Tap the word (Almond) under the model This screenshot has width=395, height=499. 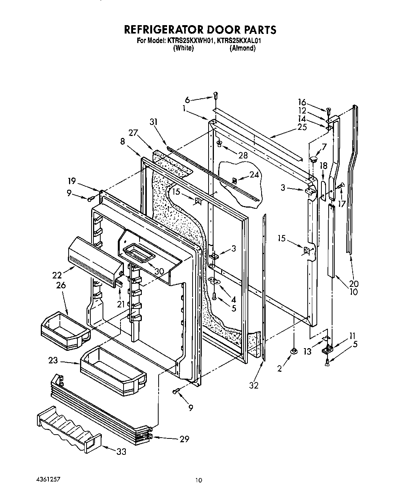point(242,48)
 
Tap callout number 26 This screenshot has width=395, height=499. point(61,285)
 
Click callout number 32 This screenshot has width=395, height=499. point(254,385)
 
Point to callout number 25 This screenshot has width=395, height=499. point(302,127)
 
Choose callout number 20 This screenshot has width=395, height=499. point(354,284)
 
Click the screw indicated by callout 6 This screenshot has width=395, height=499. point(216,96)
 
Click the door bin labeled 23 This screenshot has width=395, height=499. point(114,366)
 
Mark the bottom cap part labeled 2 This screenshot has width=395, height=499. point(294,351)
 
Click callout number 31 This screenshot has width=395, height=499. point(153,122)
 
